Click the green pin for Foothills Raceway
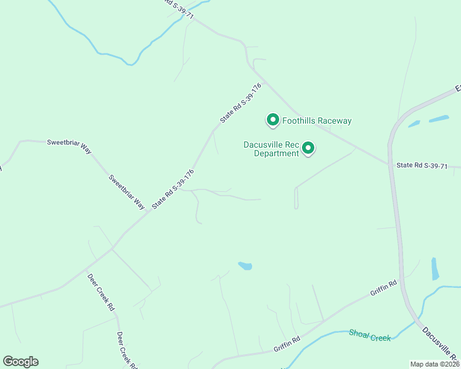272,119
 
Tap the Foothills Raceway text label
317,121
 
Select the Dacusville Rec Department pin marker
308,148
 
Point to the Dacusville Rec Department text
271,149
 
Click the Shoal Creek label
370,335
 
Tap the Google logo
20,361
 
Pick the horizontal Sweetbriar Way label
69,142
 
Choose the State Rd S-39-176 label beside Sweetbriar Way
173,188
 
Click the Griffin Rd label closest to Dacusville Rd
383,288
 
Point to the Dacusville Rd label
440,345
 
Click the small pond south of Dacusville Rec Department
245,266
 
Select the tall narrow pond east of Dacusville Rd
435,269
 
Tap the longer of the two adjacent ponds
439,119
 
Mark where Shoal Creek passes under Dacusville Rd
417,320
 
